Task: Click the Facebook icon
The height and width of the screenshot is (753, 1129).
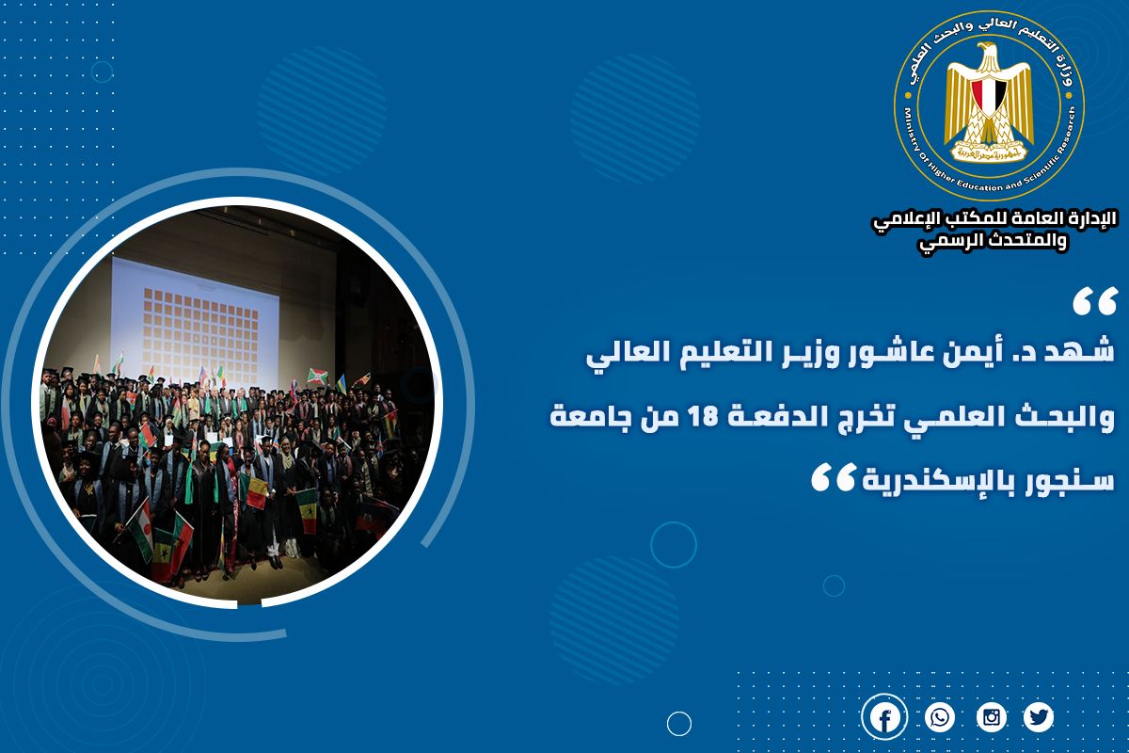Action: click(x=884, y=716)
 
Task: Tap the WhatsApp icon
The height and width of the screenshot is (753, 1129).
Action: click(x=940, y=716)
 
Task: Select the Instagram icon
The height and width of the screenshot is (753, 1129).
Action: click(x=992, y=716)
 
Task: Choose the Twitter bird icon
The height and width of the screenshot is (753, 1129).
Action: click(x=1039, y=716)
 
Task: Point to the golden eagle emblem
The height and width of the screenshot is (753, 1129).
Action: click(x=989, y=103)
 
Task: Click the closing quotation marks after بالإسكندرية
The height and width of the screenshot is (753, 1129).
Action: click(x=834, y=476)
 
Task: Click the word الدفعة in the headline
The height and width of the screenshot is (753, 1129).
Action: click(x=765, y=417)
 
